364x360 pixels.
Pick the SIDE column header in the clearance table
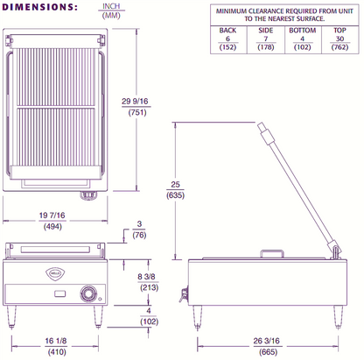266,30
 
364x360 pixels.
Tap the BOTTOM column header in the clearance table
303,30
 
